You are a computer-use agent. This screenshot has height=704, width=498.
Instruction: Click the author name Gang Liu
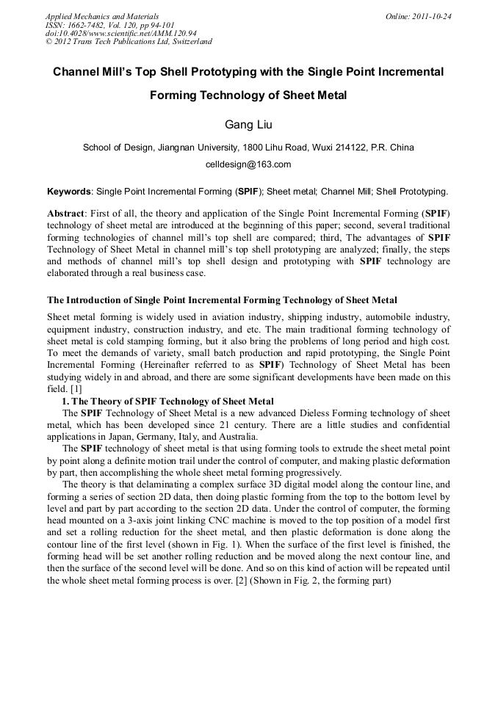tap(248, 123)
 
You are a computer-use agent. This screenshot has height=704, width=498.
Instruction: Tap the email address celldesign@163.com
tap(248, 164)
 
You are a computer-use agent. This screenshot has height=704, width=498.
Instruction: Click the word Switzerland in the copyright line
tap(188, 42)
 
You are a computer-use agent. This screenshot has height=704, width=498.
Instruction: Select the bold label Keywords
tap(69, 192)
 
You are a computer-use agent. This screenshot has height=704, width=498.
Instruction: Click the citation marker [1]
tap(76, 388)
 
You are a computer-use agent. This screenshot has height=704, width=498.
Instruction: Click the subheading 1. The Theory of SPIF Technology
tap(167, 401)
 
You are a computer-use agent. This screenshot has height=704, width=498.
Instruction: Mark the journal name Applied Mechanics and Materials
tap(102, 16)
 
